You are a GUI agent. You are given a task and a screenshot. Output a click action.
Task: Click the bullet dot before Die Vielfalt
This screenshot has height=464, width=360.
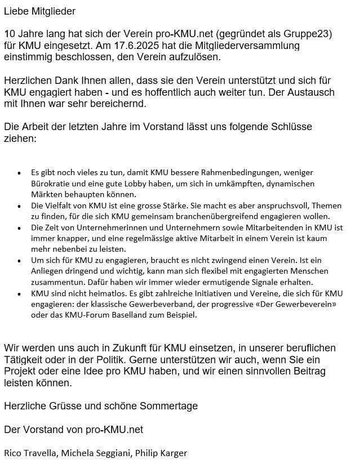(19, 206)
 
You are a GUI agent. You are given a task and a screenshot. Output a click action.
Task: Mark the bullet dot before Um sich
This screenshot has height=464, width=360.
(19, 261)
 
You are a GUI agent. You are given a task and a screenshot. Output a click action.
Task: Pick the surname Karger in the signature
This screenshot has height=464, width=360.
(173, 453)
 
